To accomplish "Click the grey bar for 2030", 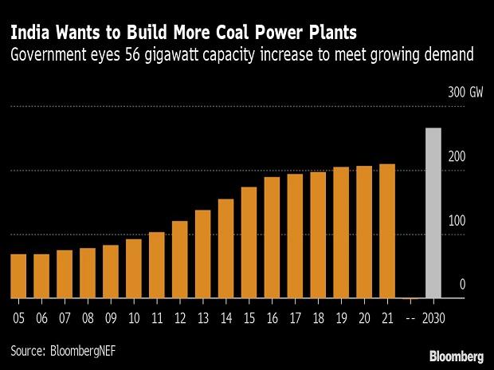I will pyautogui.click(x=433, y=213).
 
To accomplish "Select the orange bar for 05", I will pyautogui.click(x=18, y=276).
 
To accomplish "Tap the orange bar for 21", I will pyautogui.click(x=387, y=231).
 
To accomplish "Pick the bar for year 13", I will pyautogui.click(x=202, y=254).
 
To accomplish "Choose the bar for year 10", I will pyautogui.click(x=133, y=269).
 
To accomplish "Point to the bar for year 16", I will pyautogui.click(x=272, y=238).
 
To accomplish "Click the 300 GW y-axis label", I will pyautogui.click(x=466, y=93).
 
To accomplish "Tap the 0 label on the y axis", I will pyautogui.click(x=462, y=285).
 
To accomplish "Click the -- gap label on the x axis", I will pyautogui.click(x=410, y=316).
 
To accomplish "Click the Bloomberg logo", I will pyautogui.click(x=457, y=354).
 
